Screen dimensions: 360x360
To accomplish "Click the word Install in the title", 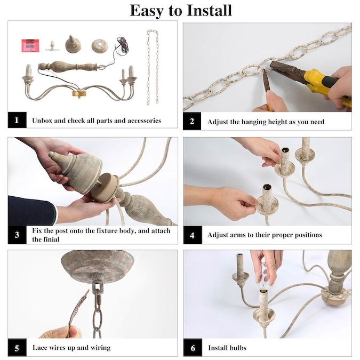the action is click(209, 11).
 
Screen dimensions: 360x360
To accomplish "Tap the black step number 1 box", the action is click(17, 120).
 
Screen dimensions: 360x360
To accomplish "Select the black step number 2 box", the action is click(192, 121).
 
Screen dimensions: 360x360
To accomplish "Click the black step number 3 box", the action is click(17, 235).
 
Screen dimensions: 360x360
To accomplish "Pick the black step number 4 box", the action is click(193, 235).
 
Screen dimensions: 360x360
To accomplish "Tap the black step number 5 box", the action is click(17, 348).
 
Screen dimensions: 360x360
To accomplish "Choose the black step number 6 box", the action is click(193, 348).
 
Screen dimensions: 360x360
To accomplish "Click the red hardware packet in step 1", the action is click(30, 46).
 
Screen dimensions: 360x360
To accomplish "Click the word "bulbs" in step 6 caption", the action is click(238, 348).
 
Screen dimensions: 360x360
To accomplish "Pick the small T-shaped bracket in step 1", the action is click(52, 46).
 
